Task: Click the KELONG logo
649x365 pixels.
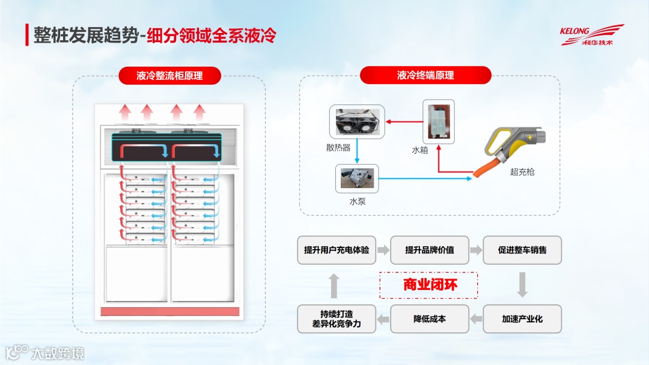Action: click(x=591, y=35)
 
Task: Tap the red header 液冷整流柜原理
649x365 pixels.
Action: click(x=169, y=76)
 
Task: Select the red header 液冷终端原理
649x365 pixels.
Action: click(x=425, y=75)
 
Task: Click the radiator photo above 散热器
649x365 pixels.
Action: click(x=356, y=122)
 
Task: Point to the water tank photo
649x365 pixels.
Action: click(x=438, y=121)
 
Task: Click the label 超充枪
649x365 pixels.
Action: click(x=522, y=172)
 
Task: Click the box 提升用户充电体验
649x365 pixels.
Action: click(x=337, y=250)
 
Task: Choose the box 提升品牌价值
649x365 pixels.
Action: click(x=430, y=250)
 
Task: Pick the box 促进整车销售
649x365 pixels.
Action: click(x=522, y=250)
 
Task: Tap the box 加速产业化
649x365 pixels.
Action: click(x=522, y=319)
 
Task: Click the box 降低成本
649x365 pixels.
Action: click(x=430, y=319)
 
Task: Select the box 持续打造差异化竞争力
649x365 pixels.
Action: click(x=337, y=319)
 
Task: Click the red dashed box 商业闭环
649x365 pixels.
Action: click(x=430, y=285)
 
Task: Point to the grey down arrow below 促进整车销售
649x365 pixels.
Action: click(x=522, y=285)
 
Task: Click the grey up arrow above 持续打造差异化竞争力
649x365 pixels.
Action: click(x=335, y=285)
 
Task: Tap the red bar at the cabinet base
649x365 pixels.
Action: click(x=169, y=312)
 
